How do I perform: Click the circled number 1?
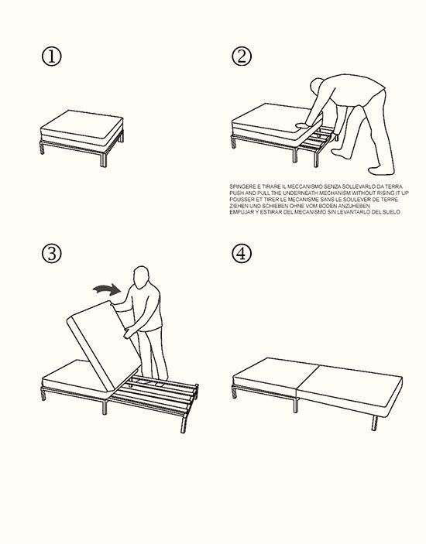[x=51, y=56]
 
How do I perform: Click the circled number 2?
[x=242, y=56]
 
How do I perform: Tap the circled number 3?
[x=51, y=253]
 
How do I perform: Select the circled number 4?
[x=242, y=253]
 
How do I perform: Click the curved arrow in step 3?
[x=107, y=289]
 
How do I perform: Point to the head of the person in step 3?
[x=141, y=277]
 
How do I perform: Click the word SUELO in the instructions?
[x=392, y=212]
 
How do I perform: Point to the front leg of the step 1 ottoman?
[x=104, y=159]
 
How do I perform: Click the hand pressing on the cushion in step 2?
[x=301, y=125]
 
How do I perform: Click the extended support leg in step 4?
[x=374, y=423]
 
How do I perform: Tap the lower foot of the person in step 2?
[x=381, y=171]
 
